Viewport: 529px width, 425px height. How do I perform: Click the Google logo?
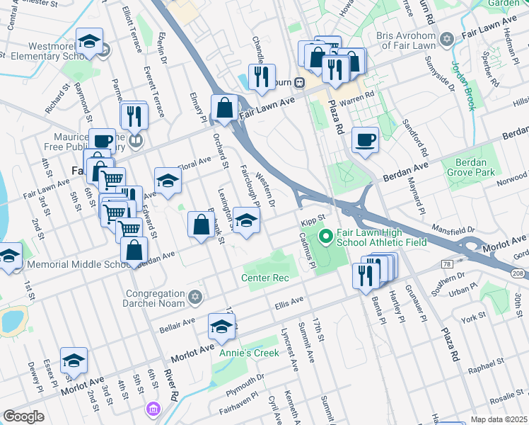[x=23, y=416]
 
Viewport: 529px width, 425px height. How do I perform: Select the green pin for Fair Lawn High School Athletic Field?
[x=326, y=235]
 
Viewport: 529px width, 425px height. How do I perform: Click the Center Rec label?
[x=266, y=278]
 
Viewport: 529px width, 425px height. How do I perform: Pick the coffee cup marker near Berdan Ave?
[x=365, y=140]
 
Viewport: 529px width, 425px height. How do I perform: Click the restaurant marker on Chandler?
[x=262, y=76]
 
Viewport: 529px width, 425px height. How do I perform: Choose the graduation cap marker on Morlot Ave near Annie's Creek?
[x=221, y=327]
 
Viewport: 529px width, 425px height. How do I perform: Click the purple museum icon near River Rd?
[x=153, y=409]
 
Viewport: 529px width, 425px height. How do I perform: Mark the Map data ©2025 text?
[x=499, y=419]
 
